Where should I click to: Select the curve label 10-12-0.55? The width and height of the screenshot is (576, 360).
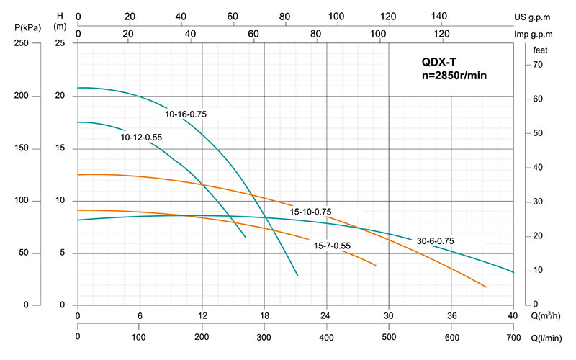143,137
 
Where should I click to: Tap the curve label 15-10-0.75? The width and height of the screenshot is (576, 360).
311,212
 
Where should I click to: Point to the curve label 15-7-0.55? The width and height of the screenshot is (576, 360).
332,246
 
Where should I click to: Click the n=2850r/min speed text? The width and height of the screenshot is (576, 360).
455,76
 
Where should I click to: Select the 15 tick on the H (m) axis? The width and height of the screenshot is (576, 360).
61,149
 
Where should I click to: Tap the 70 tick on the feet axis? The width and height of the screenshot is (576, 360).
537,65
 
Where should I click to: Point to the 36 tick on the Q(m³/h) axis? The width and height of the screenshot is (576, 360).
451,315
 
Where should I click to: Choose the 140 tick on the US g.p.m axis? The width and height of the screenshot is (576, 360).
438,16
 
